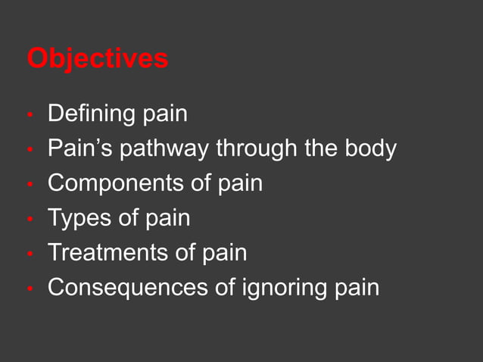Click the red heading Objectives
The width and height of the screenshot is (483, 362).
(x=98, y=58)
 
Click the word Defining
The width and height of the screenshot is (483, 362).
(x=91, y=114)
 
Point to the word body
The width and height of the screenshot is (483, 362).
(x=372, y=148)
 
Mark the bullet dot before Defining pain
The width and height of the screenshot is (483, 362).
(x=30, y=117)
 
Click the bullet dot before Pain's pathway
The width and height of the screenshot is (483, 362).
(x=30, y=151)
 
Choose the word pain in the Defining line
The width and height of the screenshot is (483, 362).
(x=164, y=115)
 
